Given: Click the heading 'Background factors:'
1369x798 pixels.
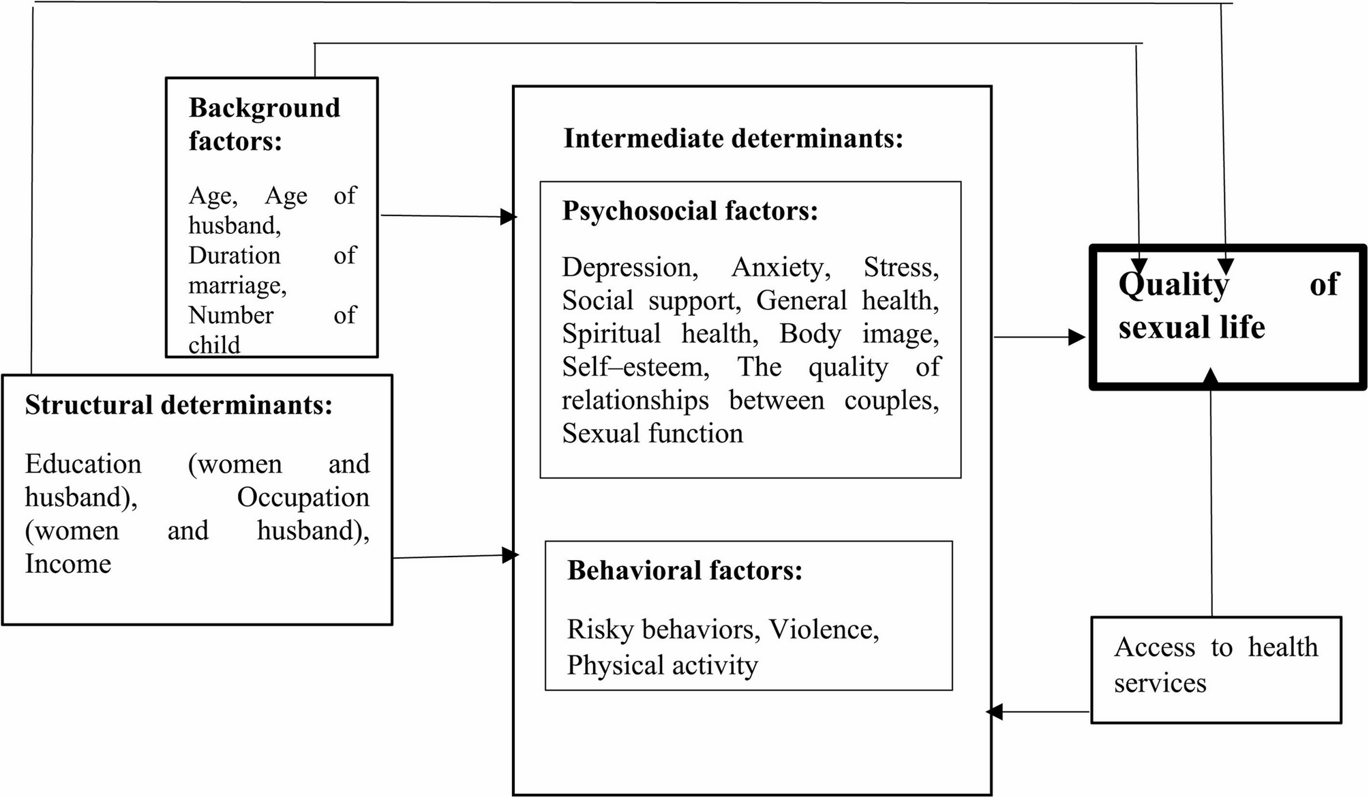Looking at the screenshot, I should [x=264, y=124].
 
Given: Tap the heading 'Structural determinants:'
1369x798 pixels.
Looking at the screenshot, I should [x=179, y=405].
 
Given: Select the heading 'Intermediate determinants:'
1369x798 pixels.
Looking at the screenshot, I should [x=733, y=138].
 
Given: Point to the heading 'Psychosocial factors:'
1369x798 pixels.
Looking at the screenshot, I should [x=689, y=211].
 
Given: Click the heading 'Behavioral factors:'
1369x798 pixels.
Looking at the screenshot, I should [x=684, y=570].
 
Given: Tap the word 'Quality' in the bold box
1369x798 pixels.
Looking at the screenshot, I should [x=1173, y=284].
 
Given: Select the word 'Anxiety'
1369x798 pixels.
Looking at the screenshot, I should [x=781, y=267].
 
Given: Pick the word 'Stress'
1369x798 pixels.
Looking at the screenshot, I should [x=901, y=267].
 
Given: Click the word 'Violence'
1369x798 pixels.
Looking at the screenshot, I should [x=824, y=630].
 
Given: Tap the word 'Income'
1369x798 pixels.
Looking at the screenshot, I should [x=68, y=564].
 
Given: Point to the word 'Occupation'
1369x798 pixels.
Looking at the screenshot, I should [x=303, y=498].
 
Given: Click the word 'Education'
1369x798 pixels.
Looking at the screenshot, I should [x=83, y=464].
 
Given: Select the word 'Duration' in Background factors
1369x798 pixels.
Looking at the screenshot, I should [x=234, y=256].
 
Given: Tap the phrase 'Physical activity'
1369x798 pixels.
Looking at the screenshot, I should [x=662, y=665].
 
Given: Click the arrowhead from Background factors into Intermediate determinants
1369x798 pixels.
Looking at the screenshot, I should [x=509, y=217].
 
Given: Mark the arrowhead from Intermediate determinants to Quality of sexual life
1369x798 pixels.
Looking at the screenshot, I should [x=1077, y=337].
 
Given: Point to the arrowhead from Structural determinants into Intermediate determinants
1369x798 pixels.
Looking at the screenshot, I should [x=510, y=555].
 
